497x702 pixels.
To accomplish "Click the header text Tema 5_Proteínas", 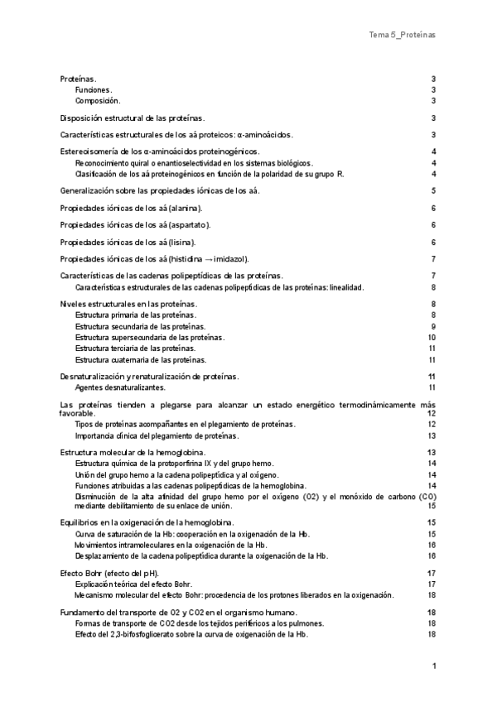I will (402, 36).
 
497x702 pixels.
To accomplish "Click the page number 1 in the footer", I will (433, 665).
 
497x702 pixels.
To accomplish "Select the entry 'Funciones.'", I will (94, 89).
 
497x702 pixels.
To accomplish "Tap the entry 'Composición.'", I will (98, 100).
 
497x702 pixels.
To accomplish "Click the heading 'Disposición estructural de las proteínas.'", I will (133, 118).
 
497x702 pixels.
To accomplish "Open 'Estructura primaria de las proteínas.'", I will (136, 315).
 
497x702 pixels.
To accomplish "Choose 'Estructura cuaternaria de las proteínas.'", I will (141, 360).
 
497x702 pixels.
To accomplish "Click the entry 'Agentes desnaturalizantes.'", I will (120, 387).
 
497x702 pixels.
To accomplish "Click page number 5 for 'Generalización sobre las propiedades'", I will (433, 191).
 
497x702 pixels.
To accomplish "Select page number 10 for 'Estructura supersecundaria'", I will (432, 338).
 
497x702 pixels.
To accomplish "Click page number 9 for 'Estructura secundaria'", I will (433, 326).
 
